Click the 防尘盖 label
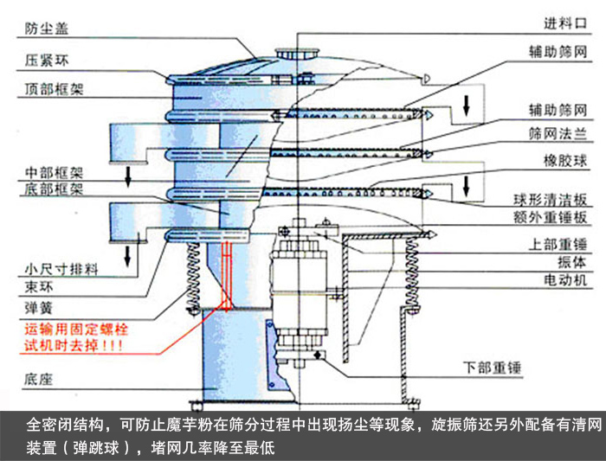tap(44, 29)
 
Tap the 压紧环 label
tap(44, 61)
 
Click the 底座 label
tap(35, 378)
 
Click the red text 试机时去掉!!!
tap(73, 344)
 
